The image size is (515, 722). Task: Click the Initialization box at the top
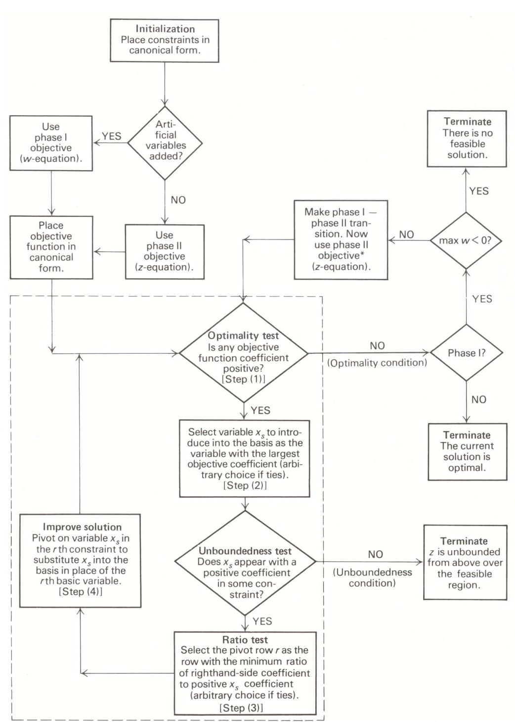tap(165, 40)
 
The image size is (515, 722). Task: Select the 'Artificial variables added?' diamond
tap(165, 143)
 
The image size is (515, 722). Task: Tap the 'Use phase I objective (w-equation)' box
tap(51, 143)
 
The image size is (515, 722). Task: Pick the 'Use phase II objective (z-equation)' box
tap(165, 251)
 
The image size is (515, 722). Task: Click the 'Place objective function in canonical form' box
tap(51, 246)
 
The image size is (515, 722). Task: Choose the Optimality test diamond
tap(243, 353)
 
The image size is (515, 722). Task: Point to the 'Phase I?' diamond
tap(466, 353)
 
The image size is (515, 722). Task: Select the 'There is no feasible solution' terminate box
tap(467, 139)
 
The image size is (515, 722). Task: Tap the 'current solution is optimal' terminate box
tap(467, 451)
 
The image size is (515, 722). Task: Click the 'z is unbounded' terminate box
tap(465, 563)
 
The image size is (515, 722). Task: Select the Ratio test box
tap(245, 673)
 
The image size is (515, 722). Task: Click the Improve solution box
tap(80, 560)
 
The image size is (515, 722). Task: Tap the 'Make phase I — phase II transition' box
tap(341, 240)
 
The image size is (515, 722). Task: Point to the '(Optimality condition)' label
tap(377, 363)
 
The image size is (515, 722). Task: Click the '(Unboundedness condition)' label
tap(372, 578)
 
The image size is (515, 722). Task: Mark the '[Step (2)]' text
tap(245, 485)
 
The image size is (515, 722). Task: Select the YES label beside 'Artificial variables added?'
tap(111, 137)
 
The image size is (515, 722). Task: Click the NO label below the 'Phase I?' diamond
tap(478, 399)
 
